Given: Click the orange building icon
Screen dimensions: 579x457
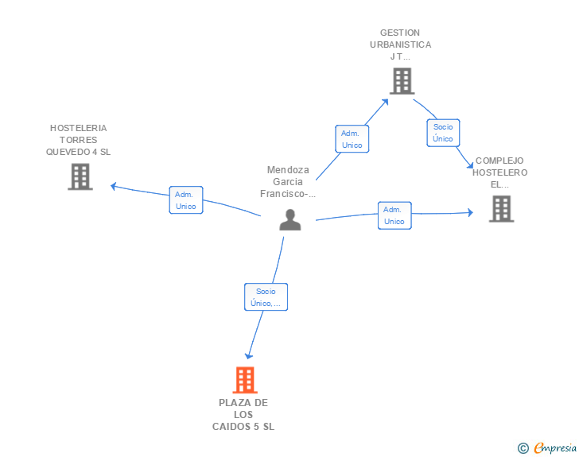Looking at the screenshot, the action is pos(245,380).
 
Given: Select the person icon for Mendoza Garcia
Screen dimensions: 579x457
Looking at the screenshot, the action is pos(290,219).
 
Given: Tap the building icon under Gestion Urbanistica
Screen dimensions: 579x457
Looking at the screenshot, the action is pos(402,81).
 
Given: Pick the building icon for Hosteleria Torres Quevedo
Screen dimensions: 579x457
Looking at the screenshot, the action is pos(80,176).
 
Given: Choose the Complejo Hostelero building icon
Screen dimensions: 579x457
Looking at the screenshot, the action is pos(501,208).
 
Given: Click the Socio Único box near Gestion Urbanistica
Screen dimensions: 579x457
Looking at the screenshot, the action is pos(443,133).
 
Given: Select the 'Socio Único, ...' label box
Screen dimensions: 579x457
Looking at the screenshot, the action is pos(266,296).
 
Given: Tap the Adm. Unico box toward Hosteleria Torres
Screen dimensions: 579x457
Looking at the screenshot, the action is pos(186,200).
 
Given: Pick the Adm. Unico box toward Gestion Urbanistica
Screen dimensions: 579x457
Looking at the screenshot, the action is pos(352,139).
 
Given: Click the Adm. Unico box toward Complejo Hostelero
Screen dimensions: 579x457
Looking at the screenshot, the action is pos(394,215).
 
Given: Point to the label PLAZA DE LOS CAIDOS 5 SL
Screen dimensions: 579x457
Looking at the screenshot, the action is pos(243,415).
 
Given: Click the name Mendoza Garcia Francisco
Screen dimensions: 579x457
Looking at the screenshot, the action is pos(288,182).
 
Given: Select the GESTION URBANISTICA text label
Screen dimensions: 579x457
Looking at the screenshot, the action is pos(401,45).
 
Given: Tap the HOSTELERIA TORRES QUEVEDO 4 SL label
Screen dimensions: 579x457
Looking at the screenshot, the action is pos(78,140).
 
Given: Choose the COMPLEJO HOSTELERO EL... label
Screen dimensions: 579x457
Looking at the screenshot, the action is pos(500,172).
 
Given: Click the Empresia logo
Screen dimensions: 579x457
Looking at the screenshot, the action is pos(555,447).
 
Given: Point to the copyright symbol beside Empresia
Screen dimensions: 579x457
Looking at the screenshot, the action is pos(523,448).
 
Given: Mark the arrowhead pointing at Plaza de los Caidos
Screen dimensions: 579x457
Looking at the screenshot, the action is pos(248,356).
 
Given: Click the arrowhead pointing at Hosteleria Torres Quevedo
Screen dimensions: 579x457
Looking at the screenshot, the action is pos(114,187).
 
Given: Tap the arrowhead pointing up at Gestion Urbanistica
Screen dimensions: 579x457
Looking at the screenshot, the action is pos(385,102).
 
